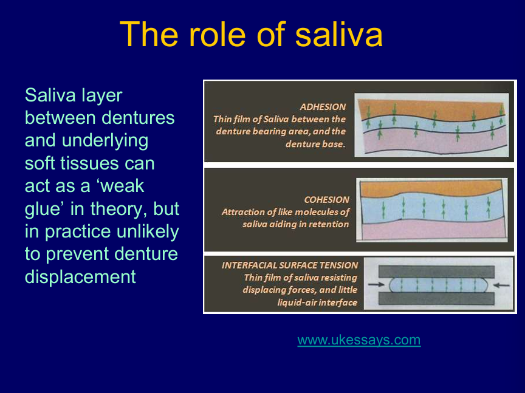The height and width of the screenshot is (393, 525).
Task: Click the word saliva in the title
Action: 339,35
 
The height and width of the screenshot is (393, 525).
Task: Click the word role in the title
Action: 218,35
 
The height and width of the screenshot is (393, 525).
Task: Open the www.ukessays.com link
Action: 359,340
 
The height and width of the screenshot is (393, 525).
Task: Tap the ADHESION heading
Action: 323,107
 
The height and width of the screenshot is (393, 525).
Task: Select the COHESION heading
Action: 326,199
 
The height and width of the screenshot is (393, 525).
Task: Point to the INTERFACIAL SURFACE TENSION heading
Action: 290,265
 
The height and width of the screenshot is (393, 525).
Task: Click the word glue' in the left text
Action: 45,209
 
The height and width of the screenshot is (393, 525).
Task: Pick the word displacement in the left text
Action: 80,277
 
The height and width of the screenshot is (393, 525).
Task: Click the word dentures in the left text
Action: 138,118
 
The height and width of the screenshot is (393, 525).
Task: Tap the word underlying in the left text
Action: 105,141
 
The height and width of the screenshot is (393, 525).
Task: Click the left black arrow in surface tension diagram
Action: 376,284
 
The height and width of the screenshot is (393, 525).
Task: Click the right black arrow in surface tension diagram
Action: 501,285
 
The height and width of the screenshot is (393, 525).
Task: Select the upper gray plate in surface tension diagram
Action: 436,272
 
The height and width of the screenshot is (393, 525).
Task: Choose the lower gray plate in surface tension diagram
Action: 436,299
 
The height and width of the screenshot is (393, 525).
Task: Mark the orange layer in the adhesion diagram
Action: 432,108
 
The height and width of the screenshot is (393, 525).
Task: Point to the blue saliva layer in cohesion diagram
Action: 432,207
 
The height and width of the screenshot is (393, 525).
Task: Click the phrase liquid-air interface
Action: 317,302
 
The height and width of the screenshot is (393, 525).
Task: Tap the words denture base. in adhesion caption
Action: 315,145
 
